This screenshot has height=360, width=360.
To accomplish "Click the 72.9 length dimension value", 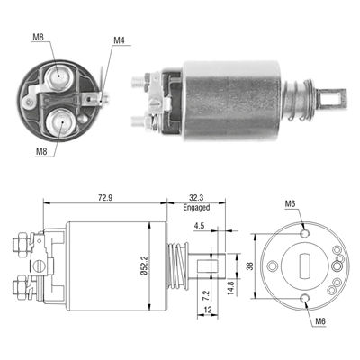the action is pyautogui.click(x=104, y=198).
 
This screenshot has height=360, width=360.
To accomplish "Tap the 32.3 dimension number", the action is pyautogui.click(x=196, y=198).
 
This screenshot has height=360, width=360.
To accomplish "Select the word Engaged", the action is pyautogui.click(x=196, y=207).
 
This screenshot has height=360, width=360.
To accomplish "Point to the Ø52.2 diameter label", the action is pyautogui.click(x=144, y=265).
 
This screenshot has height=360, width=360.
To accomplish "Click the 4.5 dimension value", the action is pyautogui.click(x=199, y=226).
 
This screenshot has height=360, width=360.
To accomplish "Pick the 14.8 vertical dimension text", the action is pyautogui.click(x=230, y=287).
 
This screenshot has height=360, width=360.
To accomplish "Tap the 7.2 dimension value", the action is pyautogui.click(x=206, y=295).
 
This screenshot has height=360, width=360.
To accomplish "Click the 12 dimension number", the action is pyautogui.click(x=208, y=310).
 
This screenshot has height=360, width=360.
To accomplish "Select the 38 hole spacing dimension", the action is pyautogui.click(x=249, y=266).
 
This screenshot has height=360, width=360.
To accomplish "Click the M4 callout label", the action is pyautogui.click(x=119, y=40).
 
